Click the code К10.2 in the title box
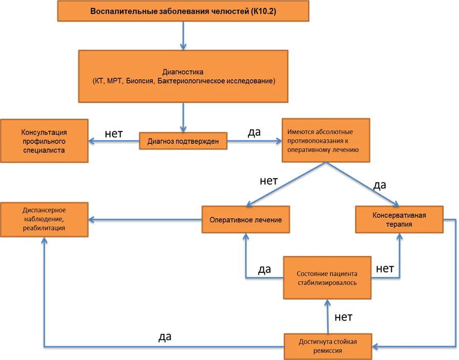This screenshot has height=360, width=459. click(x=263, y=11)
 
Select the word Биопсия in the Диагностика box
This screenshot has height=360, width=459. click(x=140, y=81)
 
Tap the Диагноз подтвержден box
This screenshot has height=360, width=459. click(x=183, y=141)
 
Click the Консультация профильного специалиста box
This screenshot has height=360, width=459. click(x=44, y=141)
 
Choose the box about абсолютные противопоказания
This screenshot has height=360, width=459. click(x=326, y=140)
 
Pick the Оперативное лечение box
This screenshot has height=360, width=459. click(x=245, y=220)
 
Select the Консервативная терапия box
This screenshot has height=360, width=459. click(x=399, y=220)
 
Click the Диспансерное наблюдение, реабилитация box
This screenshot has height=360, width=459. click(x=44, y=219)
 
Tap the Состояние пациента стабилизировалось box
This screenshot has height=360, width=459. click(x=327, y=278)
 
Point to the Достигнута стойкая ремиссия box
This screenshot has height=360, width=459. click(x=328, y=346)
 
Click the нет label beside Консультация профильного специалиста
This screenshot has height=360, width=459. click(x=114, y=134)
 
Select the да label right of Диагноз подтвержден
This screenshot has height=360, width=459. click(x=254, y=132)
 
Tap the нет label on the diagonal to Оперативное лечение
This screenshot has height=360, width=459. click(x=269, y=181)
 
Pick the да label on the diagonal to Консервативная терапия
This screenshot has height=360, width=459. click(x=380, y=185)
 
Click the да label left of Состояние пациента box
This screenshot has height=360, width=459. click(x=264, y=269)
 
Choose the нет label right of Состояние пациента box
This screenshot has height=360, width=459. click(x=385, y=268)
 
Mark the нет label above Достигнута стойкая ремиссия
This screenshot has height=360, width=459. click(x=343, y=317)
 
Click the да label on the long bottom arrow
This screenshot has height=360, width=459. click(x=165, y=337)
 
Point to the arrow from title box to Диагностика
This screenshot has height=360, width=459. click(x=183, y=36)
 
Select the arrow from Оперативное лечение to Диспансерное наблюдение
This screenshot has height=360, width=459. click(x=145, y=220)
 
